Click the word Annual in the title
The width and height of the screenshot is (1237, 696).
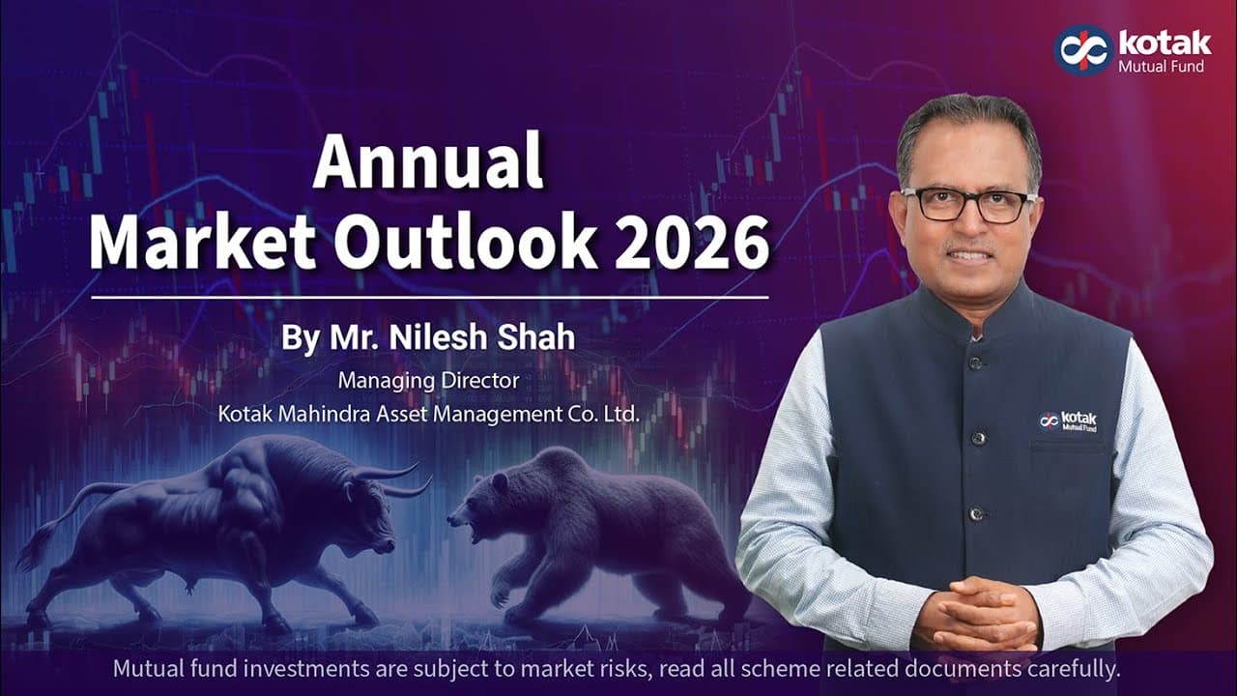(428, 161)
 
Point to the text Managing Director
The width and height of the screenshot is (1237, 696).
(428, 381)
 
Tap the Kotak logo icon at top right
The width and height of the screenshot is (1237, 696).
(1083, 48)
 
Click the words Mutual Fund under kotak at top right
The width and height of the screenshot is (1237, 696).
(1161, 67)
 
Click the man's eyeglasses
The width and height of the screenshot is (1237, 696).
(967, 205)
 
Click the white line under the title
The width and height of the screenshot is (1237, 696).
(429, 297)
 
